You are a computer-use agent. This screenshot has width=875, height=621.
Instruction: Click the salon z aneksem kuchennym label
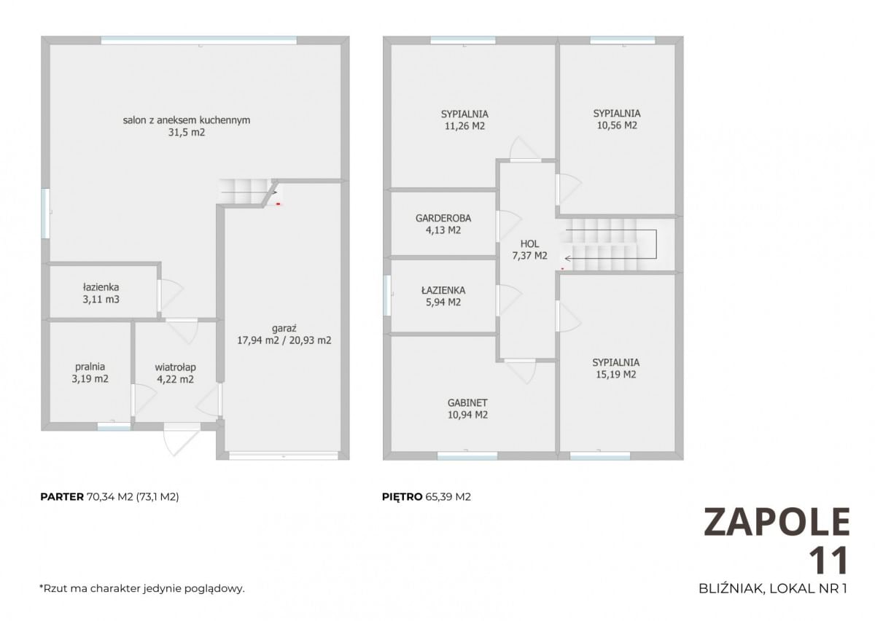pos(187,126)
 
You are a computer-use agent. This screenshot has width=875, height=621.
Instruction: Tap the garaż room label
pos(284,335)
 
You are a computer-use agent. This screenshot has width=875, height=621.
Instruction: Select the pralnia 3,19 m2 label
pos(90,372)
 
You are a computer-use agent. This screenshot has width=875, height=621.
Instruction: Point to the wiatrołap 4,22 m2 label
pos(176,373)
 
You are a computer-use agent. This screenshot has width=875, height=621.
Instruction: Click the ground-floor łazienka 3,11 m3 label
pos(101,293)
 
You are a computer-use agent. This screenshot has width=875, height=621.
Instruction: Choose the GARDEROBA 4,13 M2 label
pos(443,224)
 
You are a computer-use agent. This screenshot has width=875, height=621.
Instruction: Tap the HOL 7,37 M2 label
pos(529,249)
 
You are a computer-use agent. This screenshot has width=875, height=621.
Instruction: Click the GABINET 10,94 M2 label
pos(467,408)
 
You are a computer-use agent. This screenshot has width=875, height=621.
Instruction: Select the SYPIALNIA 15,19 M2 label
pos(615,368)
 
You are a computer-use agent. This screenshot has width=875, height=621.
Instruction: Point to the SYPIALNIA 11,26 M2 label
pos(464,120)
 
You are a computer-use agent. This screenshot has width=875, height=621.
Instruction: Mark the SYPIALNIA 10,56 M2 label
pos(617,119)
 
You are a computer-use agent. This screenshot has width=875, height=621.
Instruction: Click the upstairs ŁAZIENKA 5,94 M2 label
pos(443,296)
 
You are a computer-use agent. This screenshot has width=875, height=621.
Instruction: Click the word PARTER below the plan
pos(62,497)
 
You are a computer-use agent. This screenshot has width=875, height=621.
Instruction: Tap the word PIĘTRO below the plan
pos(402,497)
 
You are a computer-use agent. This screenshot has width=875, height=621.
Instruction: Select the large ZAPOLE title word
pos(777,522)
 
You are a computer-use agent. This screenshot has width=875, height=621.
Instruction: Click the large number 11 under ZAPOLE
pos(828,560)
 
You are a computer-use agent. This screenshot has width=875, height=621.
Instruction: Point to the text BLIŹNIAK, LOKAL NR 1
pos(773,589)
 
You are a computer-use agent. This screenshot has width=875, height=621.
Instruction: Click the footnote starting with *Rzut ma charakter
pos(141,589)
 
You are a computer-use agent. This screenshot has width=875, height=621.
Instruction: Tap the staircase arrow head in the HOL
pos(567,259)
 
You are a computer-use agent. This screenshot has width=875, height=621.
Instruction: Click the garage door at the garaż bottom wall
pos(283,456)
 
